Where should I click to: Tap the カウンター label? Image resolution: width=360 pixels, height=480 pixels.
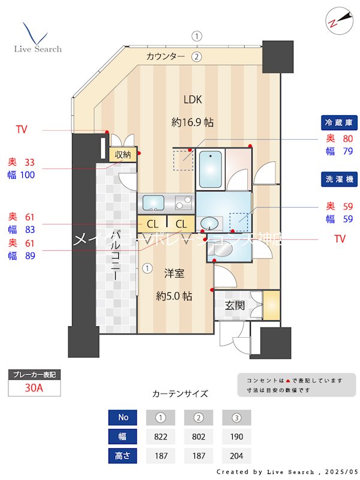[x=165, y=57]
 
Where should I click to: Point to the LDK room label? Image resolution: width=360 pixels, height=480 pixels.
[x=193, y=100]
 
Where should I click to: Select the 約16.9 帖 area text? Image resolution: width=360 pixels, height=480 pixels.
[x=193, y=122]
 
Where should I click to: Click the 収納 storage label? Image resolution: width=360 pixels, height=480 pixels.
[x=123, y=154]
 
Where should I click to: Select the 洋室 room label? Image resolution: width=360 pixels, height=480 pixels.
[x=175, y=273]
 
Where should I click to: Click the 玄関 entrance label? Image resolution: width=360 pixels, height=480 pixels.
[x=235, y=305]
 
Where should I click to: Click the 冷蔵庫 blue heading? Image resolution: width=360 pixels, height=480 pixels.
[x=338, y=123]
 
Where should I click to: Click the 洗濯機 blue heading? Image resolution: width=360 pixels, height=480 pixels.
[x=338, y=179]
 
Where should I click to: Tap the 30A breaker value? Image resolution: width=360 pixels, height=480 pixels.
[x=34, y=388]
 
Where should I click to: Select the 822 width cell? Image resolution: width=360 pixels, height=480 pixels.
[x=160, y=436]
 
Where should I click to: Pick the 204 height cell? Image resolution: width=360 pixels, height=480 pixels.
[x=236, y=455]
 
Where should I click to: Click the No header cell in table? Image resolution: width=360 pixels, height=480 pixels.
[x=123, y=417]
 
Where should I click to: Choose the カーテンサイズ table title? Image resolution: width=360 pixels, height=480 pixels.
[x=180, y=394]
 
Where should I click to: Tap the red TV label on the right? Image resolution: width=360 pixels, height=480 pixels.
[x=340, y=239]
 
